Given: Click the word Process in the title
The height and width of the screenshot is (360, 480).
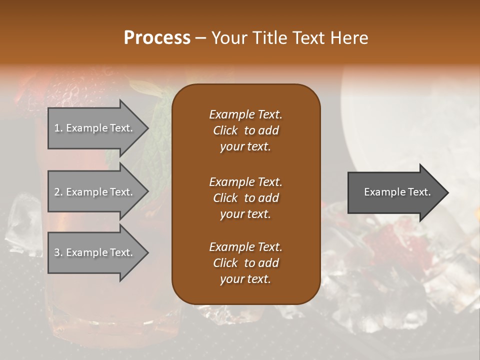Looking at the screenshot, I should click(x=157, y=38).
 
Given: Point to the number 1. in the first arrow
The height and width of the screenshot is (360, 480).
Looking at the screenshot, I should click(x=58, y=128).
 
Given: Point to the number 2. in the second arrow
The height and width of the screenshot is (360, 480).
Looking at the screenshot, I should click(x=58, y=192).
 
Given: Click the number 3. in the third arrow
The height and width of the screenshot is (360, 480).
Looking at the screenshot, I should click(x=58, y=252).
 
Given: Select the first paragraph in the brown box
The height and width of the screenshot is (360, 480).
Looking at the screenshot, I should click(x=245, y=130).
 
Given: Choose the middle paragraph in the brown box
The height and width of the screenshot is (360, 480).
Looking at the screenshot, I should click(x=245, y=197).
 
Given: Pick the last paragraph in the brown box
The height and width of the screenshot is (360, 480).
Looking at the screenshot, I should click(x=245, y=263).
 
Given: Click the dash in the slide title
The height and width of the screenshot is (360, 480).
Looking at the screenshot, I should click(x=200, y=38).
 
